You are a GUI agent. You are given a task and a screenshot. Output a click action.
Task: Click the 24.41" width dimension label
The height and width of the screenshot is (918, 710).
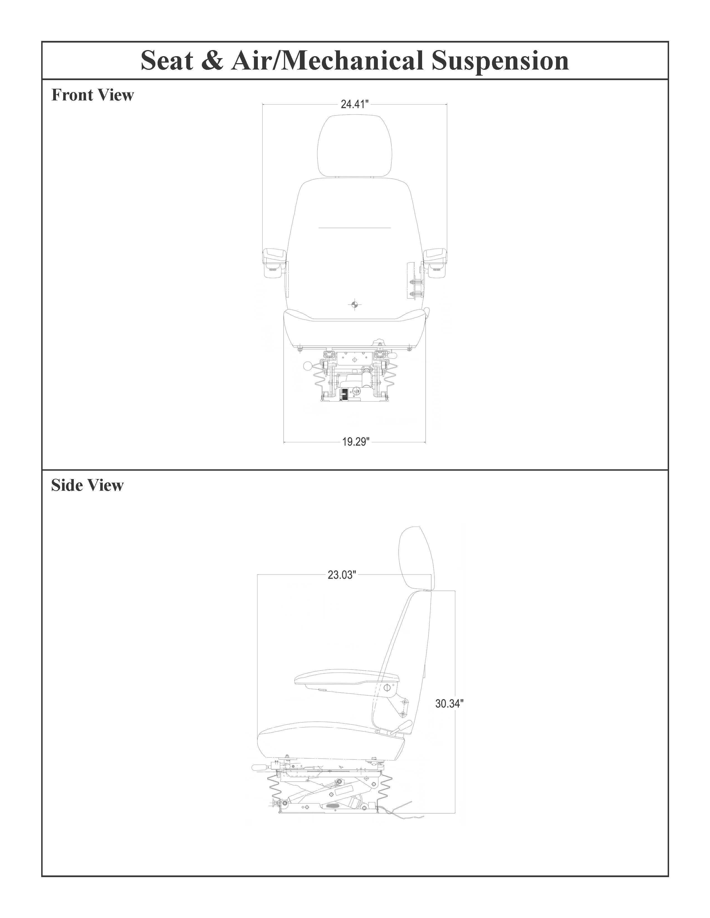pyautogui.click(x=354, y=104)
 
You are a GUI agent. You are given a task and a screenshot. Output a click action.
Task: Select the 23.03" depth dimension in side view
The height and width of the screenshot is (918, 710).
pyautogui.click(x=342, y=575)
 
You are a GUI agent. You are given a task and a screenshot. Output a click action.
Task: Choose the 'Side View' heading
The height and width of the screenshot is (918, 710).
pyautogui.click(x=87, y=485)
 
